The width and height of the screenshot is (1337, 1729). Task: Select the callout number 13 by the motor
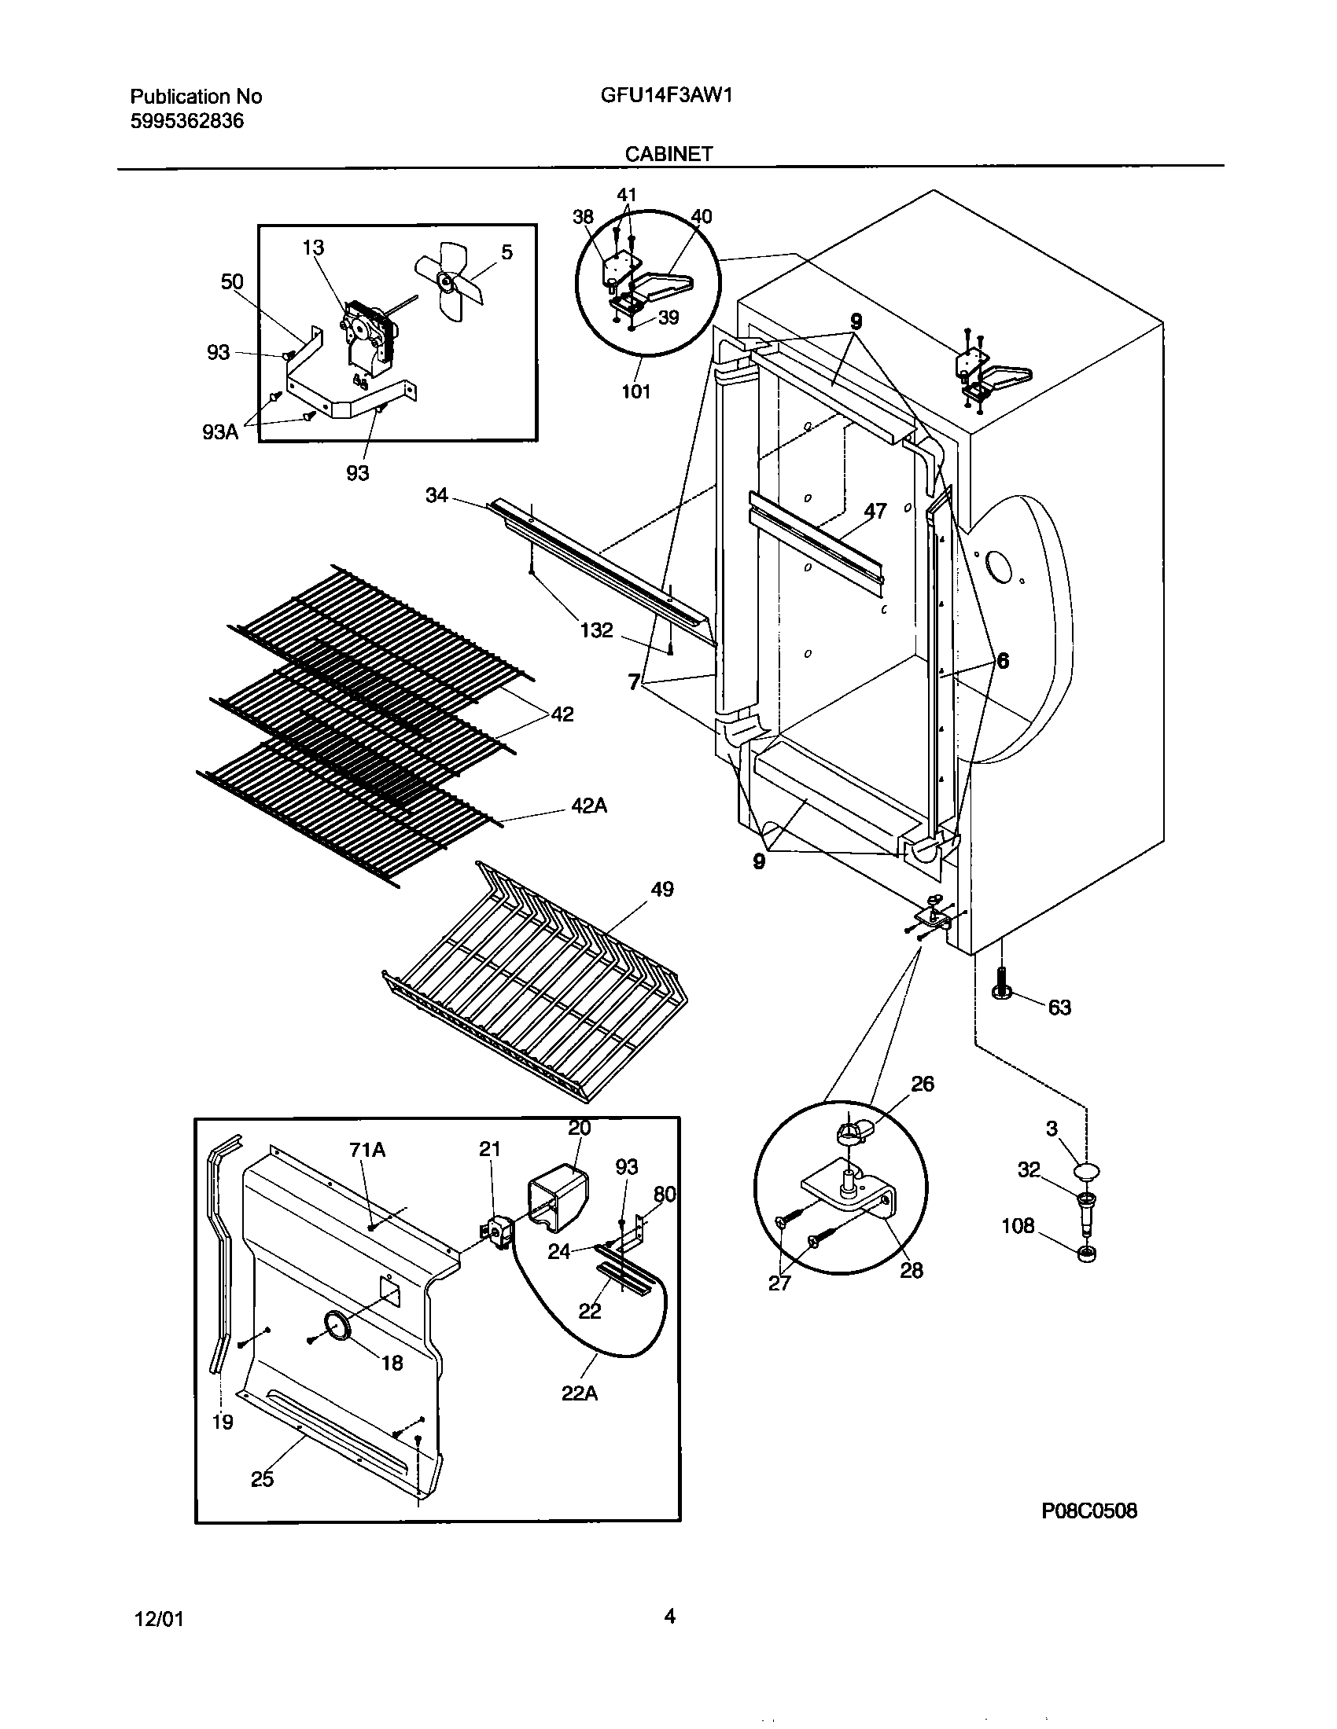click(313, 248)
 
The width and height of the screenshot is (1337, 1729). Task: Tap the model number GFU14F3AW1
click(666, 96)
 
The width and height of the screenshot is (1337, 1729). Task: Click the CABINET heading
click(668, 154)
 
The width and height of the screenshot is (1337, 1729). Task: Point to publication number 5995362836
click(187, 121)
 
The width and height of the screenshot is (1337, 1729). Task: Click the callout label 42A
click(589, 806)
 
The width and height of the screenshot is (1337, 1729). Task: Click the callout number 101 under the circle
click(636, 391)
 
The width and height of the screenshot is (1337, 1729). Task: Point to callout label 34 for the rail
click(436, 496)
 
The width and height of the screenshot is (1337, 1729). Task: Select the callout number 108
click(1018, 1225)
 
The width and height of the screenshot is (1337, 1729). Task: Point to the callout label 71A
click(367, 1149)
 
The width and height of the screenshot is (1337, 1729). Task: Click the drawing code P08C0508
click(1089, 1511)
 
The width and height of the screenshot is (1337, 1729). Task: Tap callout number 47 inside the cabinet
click(875, 512)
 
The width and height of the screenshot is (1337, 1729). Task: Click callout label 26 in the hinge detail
click(923, 1084)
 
